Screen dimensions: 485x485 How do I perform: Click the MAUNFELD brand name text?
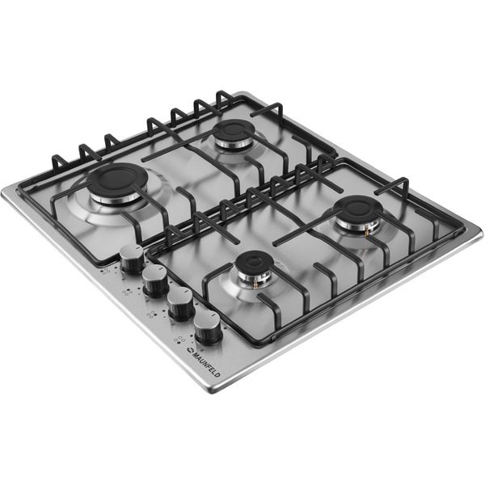coord(206,365)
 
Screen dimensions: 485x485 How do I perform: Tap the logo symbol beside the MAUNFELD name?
coord(190,350)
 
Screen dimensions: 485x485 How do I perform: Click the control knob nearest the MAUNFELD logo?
coord(208,327)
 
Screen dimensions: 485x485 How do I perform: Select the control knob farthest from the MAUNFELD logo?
coord(132,259)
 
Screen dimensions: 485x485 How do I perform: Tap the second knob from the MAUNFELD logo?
coord(180,304)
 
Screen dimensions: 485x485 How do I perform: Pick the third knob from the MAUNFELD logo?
coord(155,280)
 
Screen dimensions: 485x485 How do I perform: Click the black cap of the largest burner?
coord(116,180)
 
